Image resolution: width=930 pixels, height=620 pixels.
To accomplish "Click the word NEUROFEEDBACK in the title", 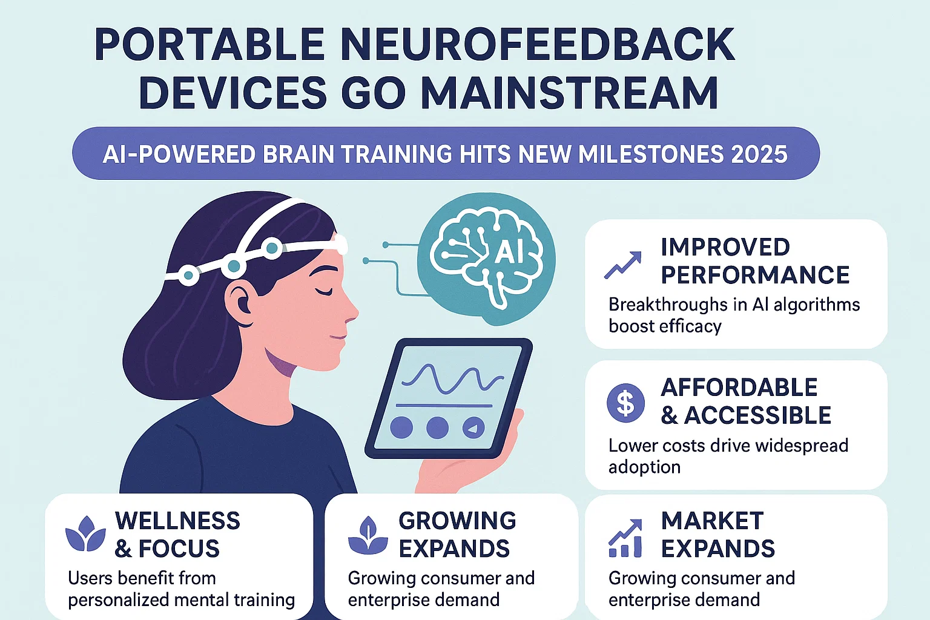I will (538, 45).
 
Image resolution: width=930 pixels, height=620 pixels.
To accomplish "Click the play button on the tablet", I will (473, 428).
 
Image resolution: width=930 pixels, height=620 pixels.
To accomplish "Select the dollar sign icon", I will (625, 403).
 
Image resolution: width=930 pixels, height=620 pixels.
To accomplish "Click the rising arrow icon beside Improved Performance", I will (622, 265).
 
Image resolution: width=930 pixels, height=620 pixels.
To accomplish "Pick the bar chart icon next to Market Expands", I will (625, 538).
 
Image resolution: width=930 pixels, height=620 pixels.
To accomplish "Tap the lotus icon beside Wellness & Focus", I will (85, 534).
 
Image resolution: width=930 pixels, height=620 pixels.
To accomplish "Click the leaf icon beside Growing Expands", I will (368, 535).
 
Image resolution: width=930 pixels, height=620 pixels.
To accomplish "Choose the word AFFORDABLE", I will (739, 387).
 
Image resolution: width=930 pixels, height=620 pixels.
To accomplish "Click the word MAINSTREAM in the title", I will (569, 93).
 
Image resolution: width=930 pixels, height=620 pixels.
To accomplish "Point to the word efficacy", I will (691, 326).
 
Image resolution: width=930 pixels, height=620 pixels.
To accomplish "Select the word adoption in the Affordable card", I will (644, 467).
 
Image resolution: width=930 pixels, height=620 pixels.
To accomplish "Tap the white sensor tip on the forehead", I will (341, 245).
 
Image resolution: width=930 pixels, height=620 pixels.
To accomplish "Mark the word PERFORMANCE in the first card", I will (755, 275).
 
